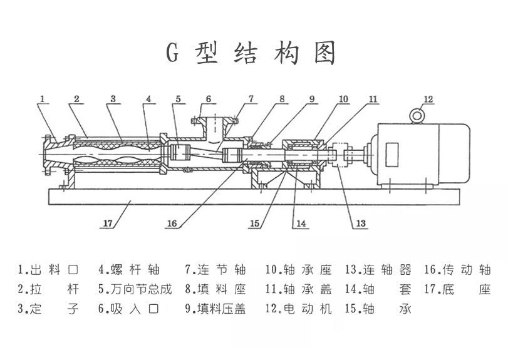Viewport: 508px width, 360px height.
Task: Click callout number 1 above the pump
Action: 42,98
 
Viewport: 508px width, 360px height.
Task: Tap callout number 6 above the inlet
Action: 208,99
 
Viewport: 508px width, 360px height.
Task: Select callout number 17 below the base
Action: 108,222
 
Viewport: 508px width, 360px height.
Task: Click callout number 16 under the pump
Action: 172,223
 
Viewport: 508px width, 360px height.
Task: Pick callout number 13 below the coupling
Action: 360,223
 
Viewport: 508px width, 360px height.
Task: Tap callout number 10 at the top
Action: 343,99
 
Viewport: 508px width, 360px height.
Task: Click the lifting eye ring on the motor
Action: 415,115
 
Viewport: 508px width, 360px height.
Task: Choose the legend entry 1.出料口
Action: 49,270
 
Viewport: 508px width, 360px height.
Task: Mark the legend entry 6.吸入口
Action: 129,308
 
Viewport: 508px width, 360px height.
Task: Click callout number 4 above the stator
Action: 148,99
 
